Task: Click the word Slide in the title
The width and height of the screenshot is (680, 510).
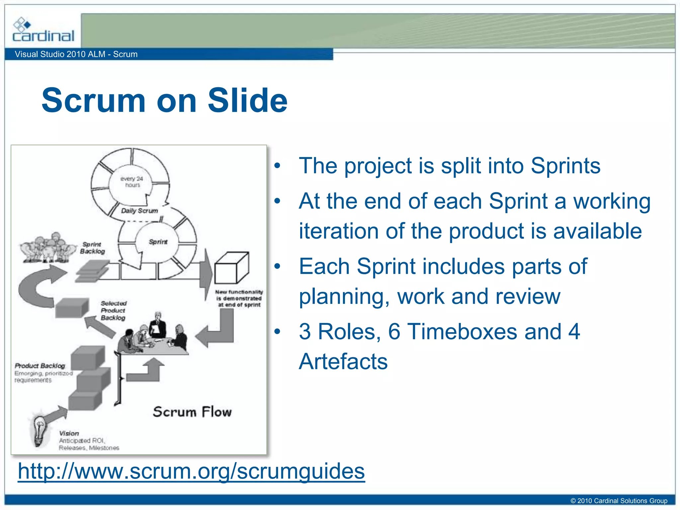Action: [247, 100]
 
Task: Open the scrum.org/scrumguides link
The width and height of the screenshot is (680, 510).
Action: [191, 471]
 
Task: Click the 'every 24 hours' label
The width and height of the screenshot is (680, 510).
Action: [132, 182]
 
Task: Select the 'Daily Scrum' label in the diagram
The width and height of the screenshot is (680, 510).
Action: [139, 211]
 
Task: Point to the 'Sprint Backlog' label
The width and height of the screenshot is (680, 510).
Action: [92, 248]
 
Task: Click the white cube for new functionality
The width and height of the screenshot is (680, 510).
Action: [231, 268]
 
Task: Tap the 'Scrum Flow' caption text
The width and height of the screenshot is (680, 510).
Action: [192, 412]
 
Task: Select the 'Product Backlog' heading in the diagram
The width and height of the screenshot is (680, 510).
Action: [40, 366]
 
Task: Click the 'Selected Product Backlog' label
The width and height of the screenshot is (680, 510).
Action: [113, 310]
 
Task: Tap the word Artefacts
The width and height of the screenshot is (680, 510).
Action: [343, 361]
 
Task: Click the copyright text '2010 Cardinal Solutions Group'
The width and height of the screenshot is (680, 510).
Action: [619, 501]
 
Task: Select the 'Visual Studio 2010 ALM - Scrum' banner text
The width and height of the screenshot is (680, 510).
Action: [76, 54]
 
